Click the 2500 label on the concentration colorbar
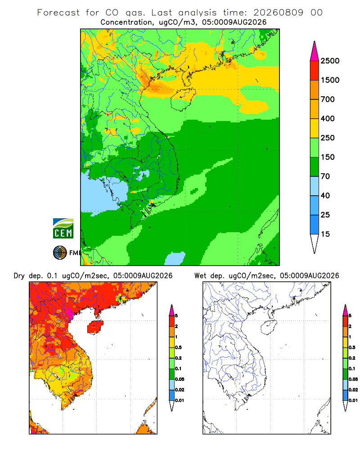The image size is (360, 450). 330,61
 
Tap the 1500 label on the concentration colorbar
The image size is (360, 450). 330,80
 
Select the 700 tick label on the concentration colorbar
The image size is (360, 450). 328,99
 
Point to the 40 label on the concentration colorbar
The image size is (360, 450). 325,195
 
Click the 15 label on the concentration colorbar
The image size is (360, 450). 325,234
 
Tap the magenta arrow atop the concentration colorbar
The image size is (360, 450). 315,51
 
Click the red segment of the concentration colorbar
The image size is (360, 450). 315,71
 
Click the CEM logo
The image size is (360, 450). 63,229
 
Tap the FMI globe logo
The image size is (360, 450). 60,253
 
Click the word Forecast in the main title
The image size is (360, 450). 58,13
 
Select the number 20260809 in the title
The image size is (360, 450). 278,13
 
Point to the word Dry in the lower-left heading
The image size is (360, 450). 19,276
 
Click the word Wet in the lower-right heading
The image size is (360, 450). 200,276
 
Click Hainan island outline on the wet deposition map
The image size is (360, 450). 269,328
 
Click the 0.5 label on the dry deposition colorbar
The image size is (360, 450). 178,347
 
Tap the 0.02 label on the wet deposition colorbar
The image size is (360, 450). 353,390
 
